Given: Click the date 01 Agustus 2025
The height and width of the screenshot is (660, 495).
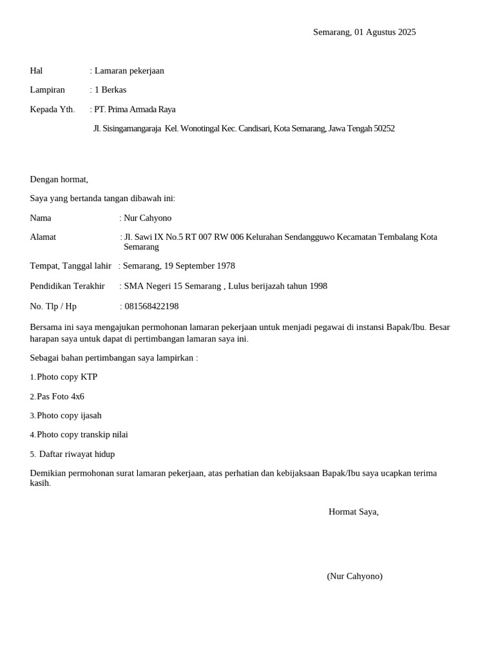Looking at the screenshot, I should pos(385,32).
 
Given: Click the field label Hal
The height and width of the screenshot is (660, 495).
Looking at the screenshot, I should pos(36,71).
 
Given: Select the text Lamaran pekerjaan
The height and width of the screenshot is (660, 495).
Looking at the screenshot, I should pos(129,71).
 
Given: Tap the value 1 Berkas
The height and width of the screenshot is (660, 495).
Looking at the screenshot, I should pos(110,90).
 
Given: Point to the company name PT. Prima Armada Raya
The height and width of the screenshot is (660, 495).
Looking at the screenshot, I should pos(135,110).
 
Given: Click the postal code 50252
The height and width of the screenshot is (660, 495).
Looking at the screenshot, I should pos(384,129).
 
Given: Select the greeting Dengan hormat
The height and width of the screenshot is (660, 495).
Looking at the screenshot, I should pos(59,179).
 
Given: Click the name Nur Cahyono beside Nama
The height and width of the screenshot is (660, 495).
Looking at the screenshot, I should pos(148,218).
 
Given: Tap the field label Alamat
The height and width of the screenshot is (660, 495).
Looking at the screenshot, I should pos(43,237).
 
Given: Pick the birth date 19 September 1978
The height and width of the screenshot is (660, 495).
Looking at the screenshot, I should pos(199,266).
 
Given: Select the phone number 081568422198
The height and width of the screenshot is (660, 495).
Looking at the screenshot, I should pos(151,306).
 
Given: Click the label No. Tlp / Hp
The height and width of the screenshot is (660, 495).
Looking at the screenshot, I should pos(53,306).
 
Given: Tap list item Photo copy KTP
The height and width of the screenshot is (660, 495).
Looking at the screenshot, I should pos(67,377).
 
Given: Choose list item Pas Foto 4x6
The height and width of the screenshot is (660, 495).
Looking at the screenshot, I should pos(61,396).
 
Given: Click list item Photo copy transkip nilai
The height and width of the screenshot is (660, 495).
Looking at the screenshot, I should pos(82,435).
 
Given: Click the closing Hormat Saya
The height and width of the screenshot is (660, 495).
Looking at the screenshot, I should pos(353,512).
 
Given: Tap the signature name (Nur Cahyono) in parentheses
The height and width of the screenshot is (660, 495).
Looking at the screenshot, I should pos(354,576).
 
